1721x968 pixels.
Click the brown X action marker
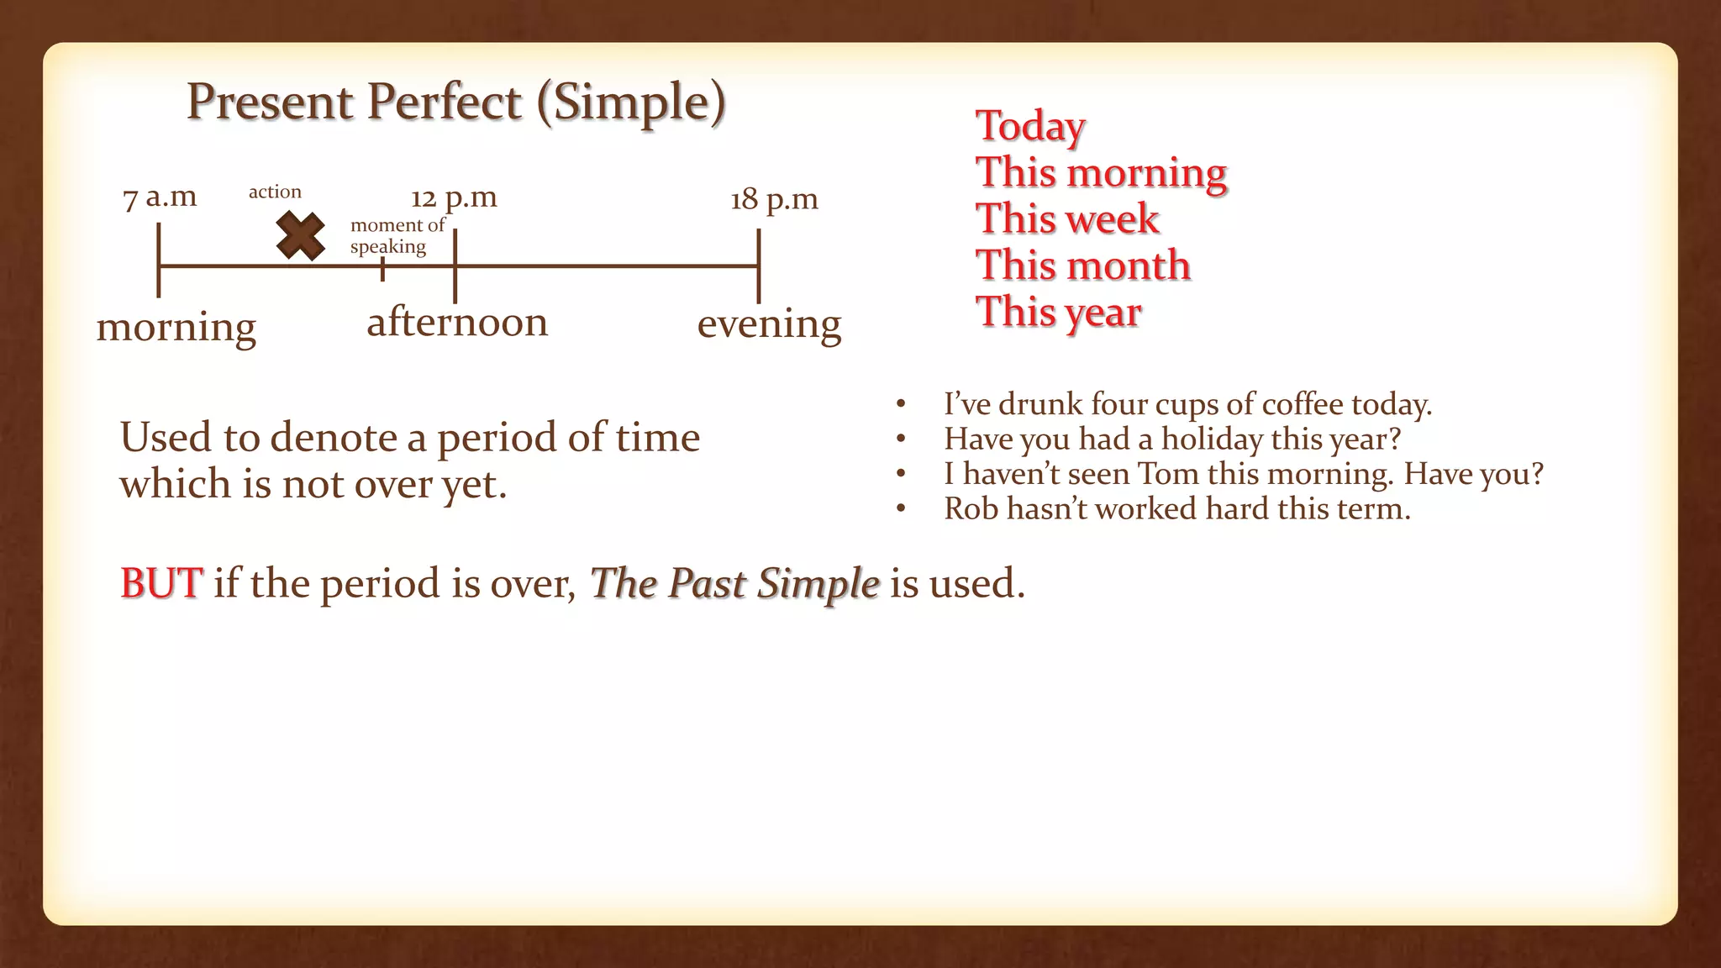(x=300, y=236)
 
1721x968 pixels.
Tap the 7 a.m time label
(x=160, y=197)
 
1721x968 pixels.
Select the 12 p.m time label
(x=454, y=198)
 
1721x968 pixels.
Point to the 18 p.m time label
(x=774, y=200)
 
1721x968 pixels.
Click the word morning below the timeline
(x=176, y=327)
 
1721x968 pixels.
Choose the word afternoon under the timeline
(x=457, y=322)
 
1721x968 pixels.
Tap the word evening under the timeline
(x=769, y=324)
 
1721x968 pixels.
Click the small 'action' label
(x=275, y=192)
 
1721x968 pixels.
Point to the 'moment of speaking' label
(x=397, y=236)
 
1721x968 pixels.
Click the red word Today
(x=1030, y=126)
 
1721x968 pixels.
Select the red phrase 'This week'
(x=1067, y=219)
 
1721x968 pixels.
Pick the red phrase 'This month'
(x=1083, y=266)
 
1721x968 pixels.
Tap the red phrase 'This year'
(x=1059, y=312)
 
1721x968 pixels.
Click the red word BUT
(x=161, y=583)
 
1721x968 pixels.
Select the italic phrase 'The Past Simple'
(x=734, y=583)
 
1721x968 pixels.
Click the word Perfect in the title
(x=445, y=103)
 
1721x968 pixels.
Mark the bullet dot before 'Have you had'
(x=901, y=439)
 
